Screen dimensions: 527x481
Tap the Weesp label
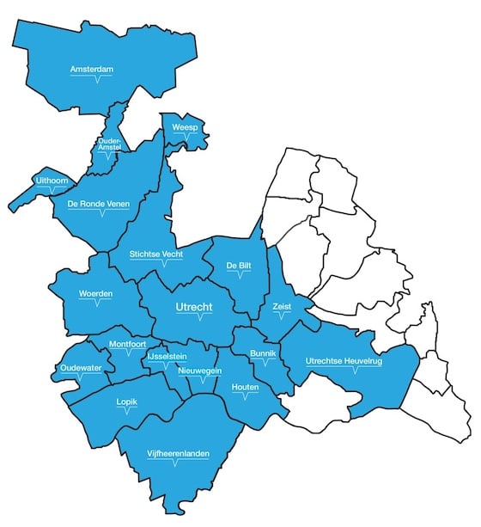tap(186, 128)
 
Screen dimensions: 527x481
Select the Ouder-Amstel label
tap(111, 144)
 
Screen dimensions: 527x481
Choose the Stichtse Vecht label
tap(157, 254)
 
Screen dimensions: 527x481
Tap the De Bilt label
tap(238, 266)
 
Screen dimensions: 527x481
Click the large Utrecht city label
tap(198, 306)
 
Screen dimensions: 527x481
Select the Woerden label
tap(95, 293)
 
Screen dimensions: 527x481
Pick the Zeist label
tap(282, 306)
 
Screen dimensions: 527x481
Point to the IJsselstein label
tap(167, 355)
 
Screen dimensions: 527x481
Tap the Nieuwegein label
tap(200, 371)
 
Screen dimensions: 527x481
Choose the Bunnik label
tap(262, 353)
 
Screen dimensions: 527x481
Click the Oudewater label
tap(81, 368)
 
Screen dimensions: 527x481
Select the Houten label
tap(246, 388)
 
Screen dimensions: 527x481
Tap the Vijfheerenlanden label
tap(177, 453)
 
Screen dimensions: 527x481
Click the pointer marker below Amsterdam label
tap(97, 80)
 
